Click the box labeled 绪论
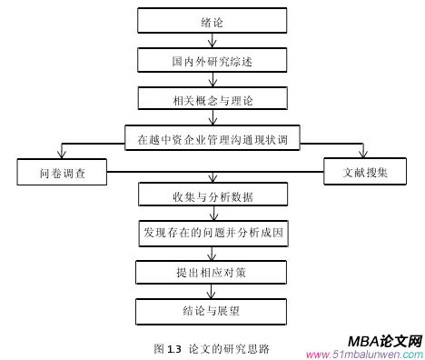pyautogui.click(x=212, y=21)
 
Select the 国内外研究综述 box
pyautogui.click(x=212, y=61)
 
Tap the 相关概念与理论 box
pyautogui.click(x=212, y=98)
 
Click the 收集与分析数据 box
pyautogui.click(x=212, y=195)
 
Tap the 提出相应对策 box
pyautogui.click(x=212, y=272)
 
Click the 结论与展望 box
pyautogui.click(x=212, y=311)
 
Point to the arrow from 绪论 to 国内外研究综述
pyautogui.click(x=212, y=41)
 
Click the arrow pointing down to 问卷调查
pyautogui.click(x=61, y=151)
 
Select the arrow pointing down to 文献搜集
pyautogui.click(x=363, y=151)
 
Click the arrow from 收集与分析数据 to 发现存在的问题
pyautogui.click(x=212, y=214)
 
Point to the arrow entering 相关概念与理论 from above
pyautogui.click(x=212, y=80)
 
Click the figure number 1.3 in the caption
pyautogui.click(x=174, y=348)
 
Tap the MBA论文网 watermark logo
pyautogui.click(x=385, y=342)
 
